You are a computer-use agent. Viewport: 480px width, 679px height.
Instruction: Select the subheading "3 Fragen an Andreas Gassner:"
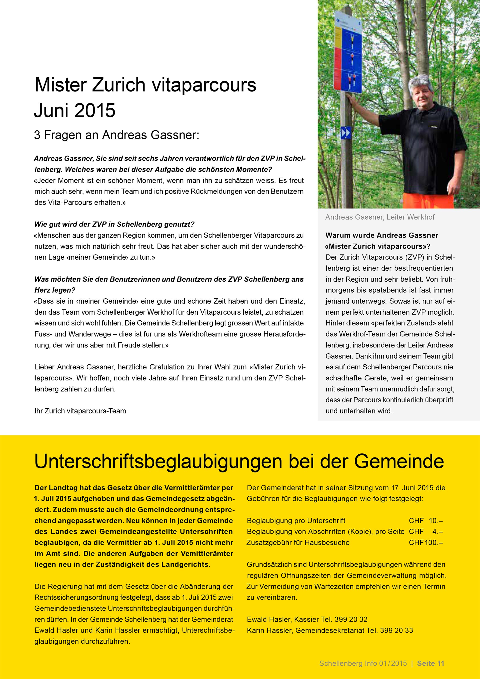click(117, 135)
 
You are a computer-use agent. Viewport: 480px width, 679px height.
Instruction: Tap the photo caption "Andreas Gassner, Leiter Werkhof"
click(380, 217)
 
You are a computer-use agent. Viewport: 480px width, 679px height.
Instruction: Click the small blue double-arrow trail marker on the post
click(346, 133)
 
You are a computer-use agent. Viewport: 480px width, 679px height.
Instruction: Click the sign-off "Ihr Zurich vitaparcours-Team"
click(80, 411)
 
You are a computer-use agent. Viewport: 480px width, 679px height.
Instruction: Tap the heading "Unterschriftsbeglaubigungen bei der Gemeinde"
click(239, 462)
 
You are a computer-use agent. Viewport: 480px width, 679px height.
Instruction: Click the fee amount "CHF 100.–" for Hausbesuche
click(425, 542)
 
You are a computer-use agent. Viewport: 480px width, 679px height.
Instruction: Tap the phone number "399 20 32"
click(351, 619)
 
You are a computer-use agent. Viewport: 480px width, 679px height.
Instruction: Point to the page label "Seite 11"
click(430, 663)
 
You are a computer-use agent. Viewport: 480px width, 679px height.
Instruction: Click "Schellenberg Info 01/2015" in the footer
click(363, 663)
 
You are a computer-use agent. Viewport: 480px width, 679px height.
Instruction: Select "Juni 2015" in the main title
click(74, 111)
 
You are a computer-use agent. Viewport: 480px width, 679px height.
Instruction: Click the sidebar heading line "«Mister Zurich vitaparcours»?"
click(377, 246)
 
